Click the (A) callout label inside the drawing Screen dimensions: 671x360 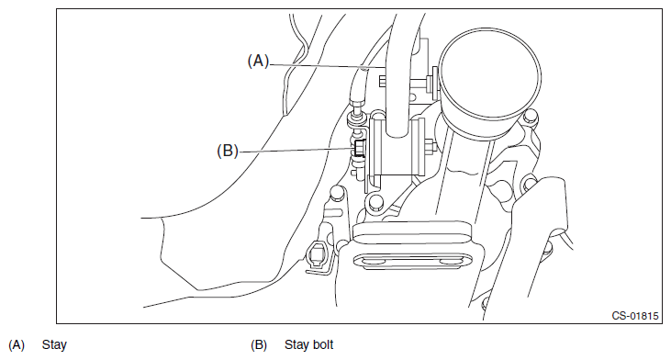(x=259, y=61)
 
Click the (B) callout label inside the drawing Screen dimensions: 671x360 (x=228, y=151)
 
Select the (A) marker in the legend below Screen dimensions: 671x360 (x=17, y=344)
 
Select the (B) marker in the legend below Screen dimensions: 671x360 (x=259, y=344)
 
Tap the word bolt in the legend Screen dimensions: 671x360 (x=323, y=344)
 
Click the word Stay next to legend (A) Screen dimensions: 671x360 (x=54, y=345)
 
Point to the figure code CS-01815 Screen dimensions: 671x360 (x=635, y=316)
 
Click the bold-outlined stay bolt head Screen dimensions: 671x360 (x=359, y=149)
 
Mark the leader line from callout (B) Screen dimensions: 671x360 (x=296, y=150)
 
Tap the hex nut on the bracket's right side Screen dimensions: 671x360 (x=431, y=147)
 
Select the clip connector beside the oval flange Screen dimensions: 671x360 (x=317, y=256)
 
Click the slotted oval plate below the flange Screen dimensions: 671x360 (x=413, y=261)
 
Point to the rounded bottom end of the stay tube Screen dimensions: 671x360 (x=398, y=132)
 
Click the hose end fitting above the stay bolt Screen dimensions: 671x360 (x=356, y=103)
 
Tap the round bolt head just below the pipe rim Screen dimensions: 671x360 (x=530, y=116)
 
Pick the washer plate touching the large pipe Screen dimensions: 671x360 (x=435, y=82)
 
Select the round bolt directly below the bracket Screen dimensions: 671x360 (x=375, y=201)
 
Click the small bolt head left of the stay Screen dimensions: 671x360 (x=382, y=80)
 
